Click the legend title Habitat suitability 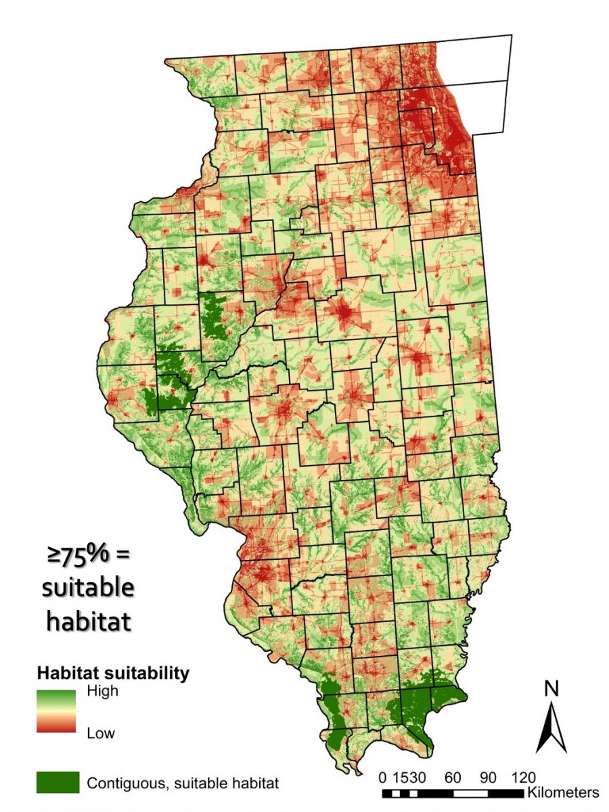tap(112, 673)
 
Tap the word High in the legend tap(102, 691)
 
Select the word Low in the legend tap(101, 733)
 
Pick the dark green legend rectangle tap(58, 782)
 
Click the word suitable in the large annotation tap(88, 588)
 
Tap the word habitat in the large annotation tap(88, 620)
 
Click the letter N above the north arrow tap(552, 689)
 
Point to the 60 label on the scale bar tap(454, 775)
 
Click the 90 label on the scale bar tap(489, 775)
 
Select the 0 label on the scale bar tap(384, 775)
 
